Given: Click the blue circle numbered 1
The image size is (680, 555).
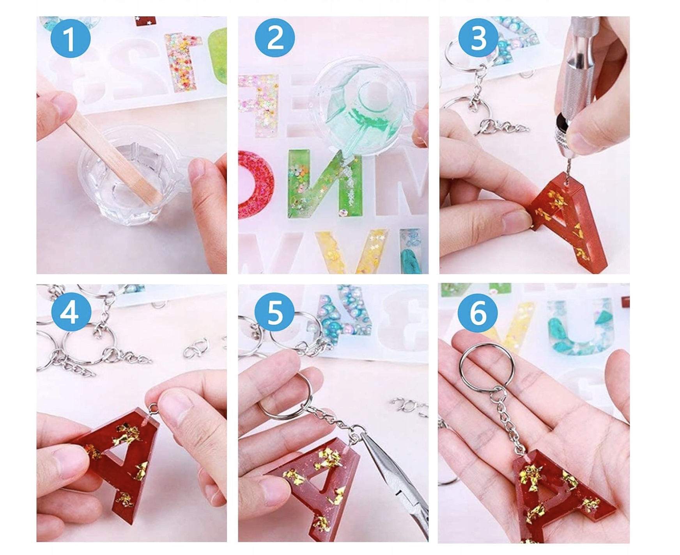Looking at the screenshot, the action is (71, 38).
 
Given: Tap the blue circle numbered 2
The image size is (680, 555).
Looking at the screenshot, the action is (274, 38).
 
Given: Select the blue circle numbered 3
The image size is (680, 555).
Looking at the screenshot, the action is (478, 38).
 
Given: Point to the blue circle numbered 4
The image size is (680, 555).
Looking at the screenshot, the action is (71, 312).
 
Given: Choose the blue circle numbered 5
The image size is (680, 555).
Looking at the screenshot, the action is (274, 312).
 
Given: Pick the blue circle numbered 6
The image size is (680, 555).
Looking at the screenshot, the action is (477, 312).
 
